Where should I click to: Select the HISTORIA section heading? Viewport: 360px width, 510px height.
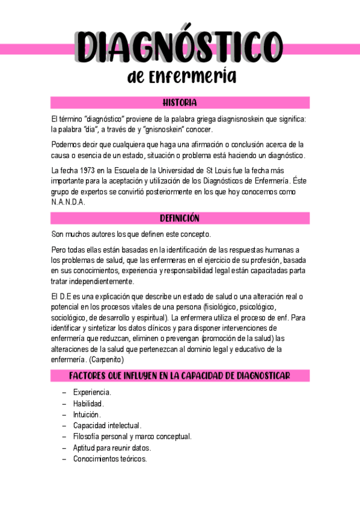tap(180, 103)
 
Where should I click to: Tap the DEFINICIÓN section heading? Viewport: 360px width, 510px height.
tap(180, 218)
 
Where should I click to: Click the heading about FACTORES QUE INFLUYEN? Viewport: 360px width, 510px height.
tap(180, 376)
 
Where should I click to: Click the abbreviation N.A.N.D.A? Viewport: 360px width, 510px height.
tap(69, 202)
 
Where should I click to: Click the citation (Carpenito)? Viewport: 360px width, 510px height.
tap(106, 360)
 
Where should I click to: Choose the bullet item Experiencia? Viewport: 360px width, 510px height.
tap(91, 392)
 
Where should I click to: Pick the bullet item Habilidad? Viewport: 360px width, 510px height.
tap(88, 404)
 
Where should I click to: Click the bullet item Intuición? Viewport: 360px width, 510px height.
tap(87, 414)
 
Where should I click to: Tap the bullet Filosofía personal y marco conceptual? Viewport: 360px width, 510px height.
tap(132, 437)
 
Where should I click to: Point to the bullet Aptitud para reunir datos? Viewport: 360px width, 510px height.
tap(112, 447)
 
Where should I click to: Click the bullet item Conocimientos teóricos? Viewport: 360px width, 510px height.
tap(110, 458)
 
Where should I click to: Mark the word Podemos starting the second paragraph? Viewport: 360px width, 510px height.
tap(67, 144)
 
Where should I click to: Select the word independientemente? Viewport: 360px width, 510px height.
tap(100, 281)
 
